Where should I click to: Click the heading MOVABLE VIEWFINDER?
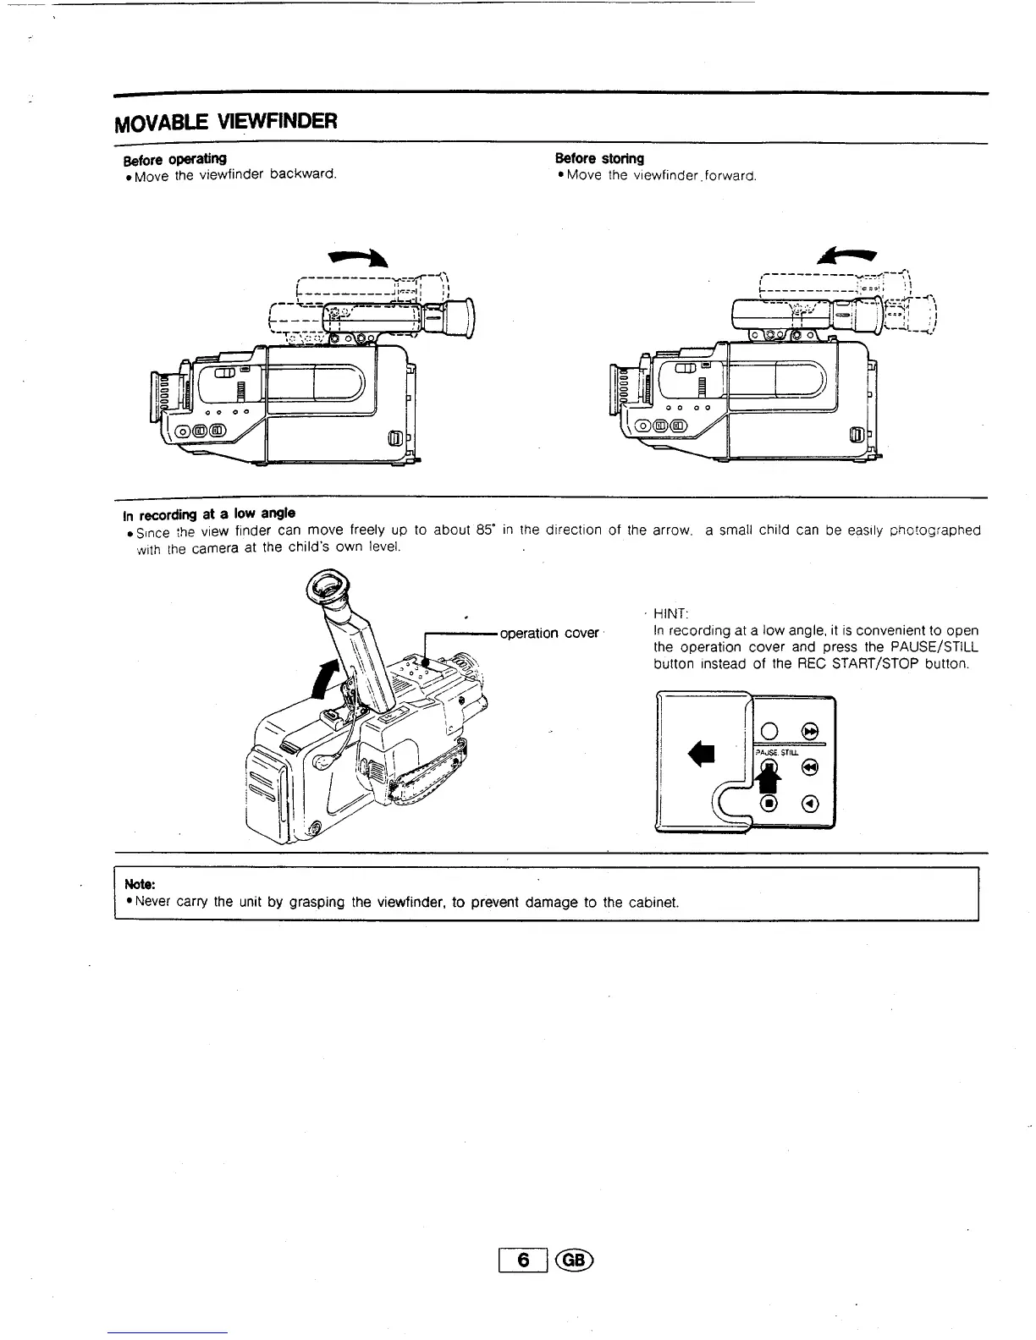pos(226,121)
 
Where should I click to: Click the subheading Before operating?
pos(174,159)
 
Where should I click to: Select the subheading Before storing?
pos(599,159)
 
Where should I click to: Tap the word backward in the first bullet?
pos(303,175)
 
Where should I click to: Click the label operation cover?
pos(549,634)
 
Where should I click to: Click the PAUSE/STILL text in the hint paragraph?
pos(922,647)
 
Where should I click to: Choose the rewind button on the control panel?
pos(810,767)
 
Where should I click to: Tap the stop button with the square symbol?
pos(769,803)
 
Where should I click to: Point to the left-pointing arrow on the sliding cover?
pos(703,752)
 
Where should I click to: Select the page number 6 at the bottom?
pos(525,1260)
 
